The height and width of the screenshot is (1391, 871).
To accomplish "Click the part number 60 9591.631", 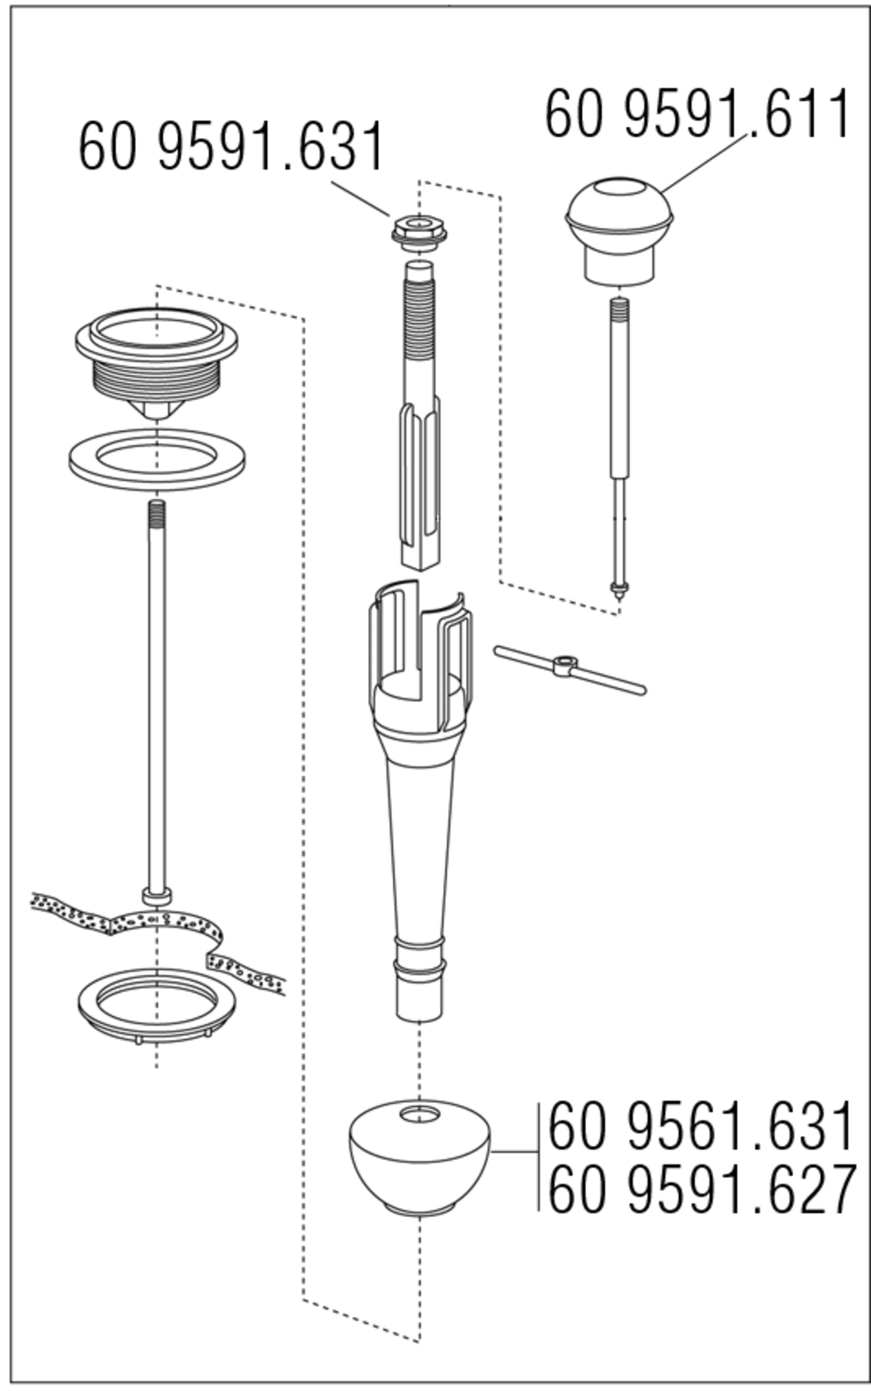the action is point(231,146).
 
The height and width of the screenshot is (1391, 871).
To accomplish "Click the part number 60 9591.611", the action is point(697,113).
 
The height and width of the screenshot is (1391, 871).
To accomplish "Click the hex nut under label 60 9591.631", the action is point(419,233).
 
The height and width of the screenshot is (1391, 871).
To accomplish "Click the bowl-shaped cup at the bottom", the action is point(419,1158).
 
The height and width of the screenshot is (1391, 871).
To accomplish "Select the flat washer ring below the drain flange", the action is point(157,461).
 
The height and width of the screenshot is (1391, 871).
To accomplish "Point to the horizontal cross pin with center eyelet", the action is point(570,670).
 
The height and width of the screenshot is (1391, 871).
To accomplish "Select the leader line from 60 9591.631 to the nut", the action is point(361,199).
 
